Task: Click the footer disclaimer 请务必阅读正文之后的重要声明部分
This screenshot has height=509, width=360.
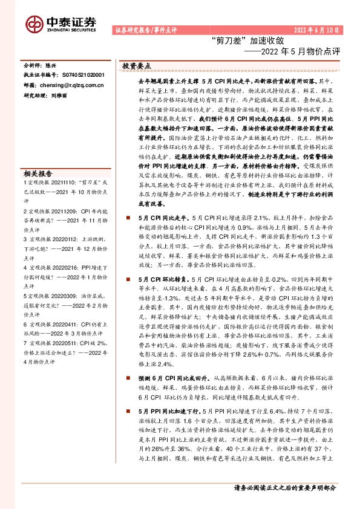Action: click(285, 487)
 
